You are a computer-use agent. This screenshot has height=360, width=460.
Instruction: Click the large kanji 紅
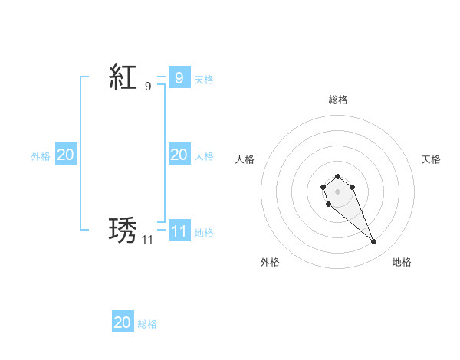123,77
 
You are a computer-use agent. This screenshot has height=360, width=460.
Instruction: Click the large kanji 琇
123,230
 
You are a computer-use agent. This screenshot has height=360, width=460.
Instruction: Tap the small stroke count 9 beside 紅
148,87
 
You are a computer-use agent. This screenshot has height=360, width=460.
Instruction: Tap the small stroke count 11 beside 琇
147,240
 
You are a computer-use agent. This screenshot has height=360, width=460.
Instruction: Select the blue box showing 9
179,77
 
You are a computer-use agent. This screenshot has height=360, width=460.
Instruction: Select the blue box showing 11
179,231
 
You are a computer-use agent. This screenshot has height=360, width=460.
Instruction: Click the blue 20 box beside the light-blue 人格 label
179,155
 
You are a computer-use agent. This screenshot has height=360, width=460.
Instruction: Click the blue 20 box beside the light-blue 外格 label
65,155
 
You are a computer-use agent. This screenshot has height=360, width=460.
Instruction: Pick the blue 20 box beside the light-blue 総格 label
123,322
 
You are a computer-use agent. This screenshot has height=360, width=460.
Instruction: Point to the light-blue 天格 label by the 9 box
204,79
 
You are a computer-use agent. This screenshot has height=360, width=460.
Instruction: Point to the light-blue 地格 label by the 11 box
204,232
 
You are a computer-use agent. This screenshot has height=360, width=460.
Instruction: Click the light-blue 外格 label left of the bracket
41,155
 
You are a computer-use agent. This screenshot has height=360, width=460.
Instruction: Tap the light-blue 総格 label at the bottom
147,324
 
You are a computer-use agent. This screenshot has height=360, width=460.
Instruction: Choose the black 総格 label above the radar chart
338,100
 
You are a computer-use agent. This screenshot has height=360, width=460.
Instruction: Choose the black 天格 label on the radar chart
432,159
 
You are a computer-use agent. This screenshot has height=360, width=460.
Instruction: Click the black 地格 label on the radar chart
402,262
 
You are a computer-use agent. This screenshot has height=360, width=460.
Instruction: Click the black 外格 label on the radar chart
270,262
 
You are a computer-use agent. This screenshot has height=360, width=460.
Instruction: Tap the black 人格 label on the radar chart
245,159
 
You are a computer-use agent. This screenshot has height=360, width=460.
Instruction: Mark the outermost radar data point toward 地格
374,242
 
